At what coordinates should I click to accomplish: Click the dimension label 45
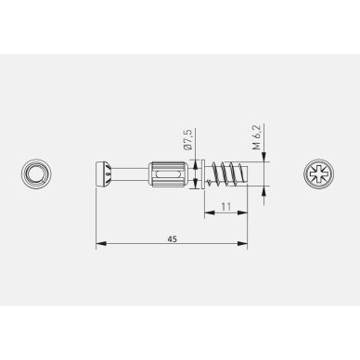pos(173,238)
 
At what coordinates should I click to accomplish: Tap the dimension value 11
pos(226,206)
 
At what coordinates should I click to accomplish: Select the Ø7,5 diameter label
pos(187,139)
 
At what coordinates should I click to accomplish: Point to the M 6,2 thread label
pos(257,136)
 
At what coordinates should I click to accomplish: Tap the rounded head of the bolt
pos(100,174)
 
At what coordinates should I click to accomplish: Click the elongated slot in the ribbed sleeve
pos(168,174)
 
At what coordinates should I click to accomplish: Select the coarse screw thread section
pos(226,174)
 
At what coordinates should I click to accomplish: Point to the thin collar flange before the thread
pos(202,174)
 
